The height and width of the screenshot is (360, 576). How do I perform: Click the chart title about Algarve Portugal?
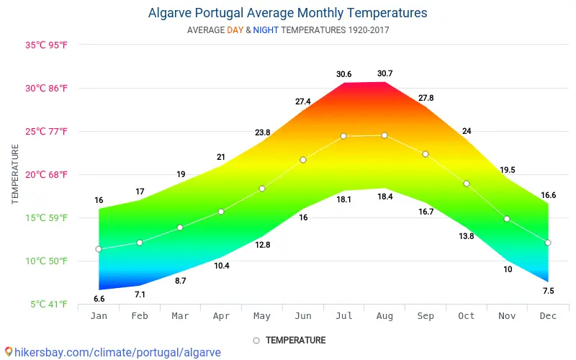(287, 13)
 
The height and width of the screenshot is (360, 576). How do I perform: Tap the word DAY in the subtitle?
(235, 30)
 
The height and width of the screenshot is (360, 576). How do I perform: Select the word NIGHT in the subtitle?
(266, 30)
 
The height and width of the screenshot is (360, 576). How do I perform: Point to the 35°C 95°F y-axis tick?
(47, 45)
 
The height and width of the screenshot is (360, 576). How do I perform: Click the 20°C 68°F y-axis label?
(47, 174)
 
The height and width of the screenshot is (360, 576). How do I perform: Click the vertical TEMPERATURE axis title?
(15, 174)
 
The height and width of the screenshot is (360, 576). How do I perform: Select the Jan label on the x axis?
(99, 315)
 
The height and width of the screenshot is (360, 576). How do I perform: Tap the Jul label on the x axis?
(344, 315)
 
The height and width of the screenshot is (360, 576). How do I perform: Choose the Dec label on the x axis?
(548, 315)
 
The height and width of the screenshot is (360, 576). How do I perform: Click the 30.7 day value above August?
(385, 73)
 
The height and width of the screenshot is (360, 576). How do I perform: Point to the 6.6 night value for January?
(99, 298)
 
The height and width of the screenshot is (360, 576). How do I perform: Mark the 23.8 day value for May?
(262, 132)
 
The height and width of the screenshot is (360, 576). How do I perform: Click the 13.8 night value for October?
(467, 236)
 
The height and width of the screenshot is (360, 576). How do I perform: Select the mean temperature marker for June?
(303, 160)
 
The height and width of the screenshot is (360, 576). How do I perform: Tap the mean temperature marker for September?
(426, 154)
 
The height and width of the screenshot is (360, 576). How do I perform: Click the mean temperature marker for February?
(140, 243)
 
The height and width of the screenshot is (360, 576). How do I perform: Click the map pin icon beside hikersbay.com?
(8, 353)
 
